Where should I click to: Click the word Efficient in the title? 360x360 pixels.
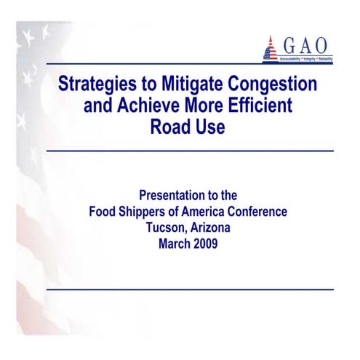click(259, 106)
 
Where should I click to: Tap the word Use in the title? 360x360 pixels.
click(210, 127)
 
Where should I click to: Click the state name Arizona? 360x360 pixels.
click(212, 228)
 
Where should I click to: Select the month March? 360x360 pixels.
click(175, 244)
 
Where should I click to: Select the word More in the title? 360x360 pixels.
click(205, 106)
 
